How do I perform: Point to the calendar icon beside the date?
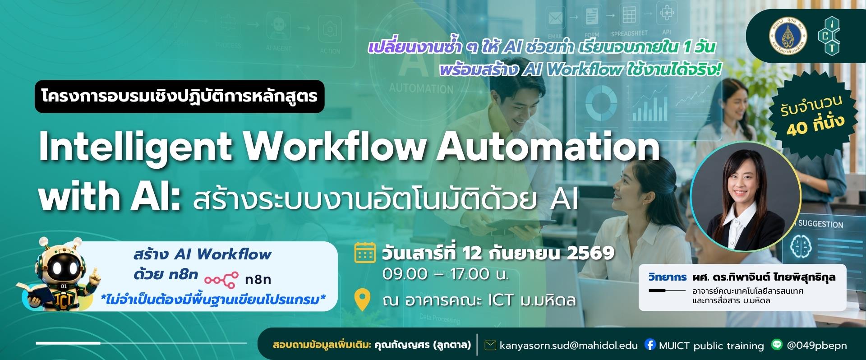[x=365, y=253]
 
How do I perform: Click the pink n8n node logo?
[x=221, y=280]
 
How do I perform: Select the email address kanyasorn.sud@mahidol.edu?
[x=568, y=346]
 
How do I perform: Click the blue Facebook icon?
[x=650, y=345]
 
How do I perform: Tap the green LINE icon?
[x=777, y=345]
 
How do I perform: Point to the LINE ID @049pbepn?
[x=817, y=346]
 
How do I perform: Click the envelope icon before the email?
[x=490, y=346]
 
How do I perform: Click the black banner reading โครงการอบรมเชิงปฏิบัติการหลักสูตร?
[x=180, y=97]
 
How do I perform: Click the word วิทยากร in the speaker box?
[x=668, y=277]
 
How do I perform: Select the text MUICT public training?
[x=711, y=346]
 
